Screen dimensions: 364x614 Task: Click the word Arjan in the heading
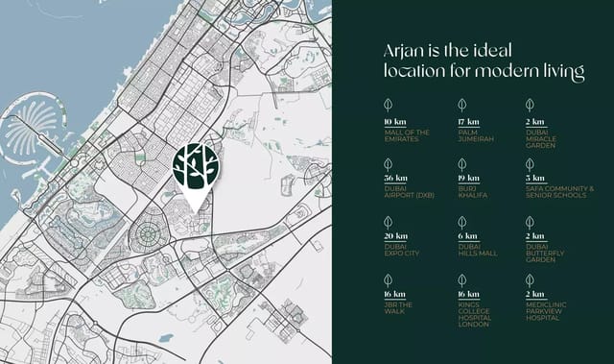coord(404,51)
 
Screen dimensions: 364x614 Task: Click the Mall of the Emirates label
coord(407,135)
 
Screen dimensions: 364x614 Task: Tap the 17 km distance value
coord(468,122)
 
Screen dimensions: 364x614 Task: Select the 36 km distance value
coord(394,179)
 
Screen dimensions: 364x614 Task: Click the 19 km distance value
coord(468,179)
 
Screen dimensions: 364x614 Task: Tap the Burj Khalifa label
coord(474,192)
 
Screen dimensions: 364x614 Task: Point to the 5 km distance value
coord(535,179)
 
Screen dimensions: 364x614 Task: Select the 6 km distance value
coord(466,235)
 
